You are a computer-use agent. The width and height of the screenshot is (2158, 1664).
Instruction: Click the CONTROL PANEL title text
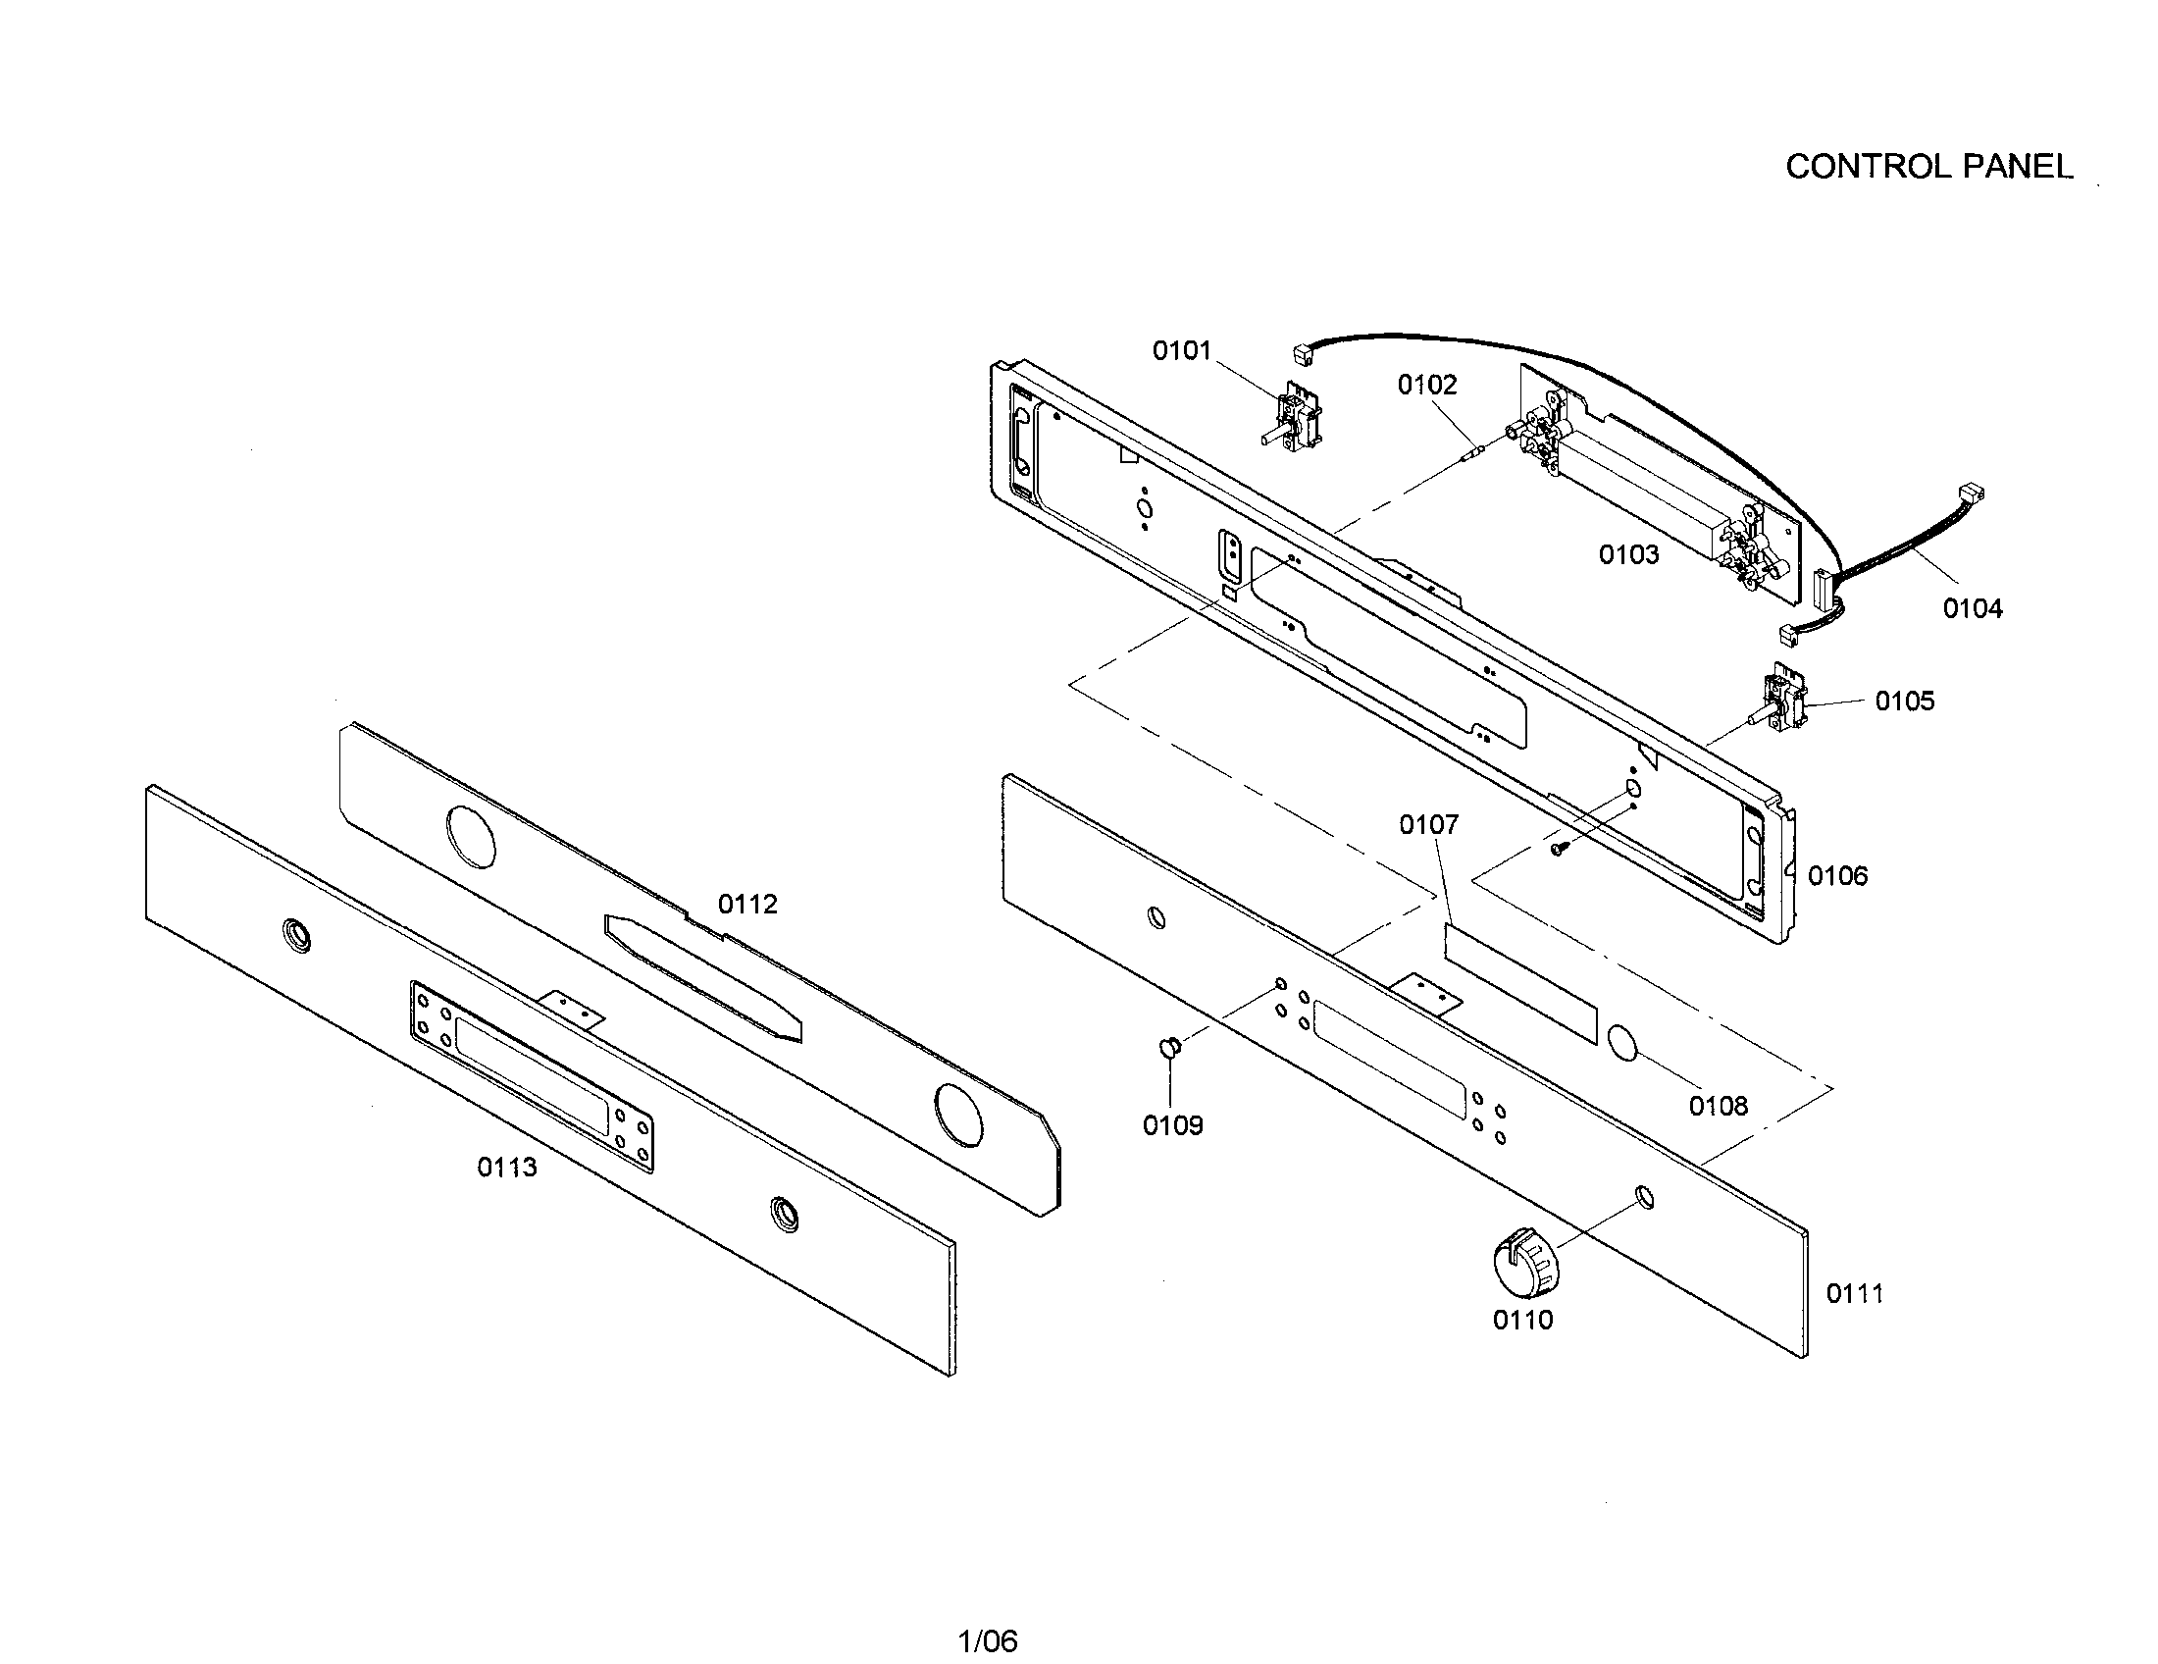pyautogui.click(x=1927, y=167)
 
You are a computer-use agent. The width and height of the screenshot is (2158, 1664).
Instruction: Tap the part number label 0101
pyautogui.click(x=1182, y=351)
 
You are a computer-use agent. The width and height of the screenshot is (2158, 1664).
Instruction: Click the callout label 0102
pyautogui.click(x=1427, y=386)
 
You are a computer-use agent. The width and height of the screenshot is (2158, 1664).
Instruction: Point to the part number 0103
pyautogui.click(x=1628, y=555)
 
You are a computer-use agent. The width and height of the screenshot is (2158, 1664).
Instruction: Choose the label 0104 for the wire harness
pyautogui.click(x=1973, y=609)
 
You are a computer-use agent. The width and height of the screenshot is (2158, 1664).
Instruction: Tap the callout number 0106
pyautogui.click(x=1838, y=876)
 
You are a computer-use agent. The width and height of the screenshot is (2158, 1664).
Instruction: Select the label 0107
pyautogui.click(x=1428, y=825)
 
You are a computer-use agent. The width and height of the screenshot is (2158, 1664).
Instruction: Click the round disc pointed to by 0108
pyautogui.click(x=1622, y=1044)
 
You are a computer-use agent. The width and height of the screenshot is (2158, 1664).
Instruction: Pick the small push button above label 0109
pyautogui.click(x=1168, y=1048)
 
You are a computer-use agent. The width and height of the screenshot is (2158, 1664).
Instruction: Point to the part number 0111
pyautogui.click(x=1855, y=1293)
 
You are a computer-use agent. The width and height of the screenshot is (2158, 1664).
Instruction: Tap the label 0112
pyautogui.click(x=747, y=905)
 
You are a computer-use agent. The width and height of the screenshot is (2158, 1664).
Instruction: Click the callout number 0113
pyautogui.click(x=507, y=1168)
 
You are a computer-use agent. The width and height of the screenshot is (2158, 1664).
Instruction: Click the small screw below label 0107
pyautogui.click(x=1560, y=848)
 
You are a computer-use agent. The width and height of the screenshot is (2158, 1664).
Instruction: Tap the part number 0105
pyautogui.click(x=1904, y=702)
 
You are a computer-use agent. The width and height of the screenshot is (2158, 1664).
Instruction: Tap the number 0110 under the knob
pyautogui.click(x=1522, y=1321)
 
